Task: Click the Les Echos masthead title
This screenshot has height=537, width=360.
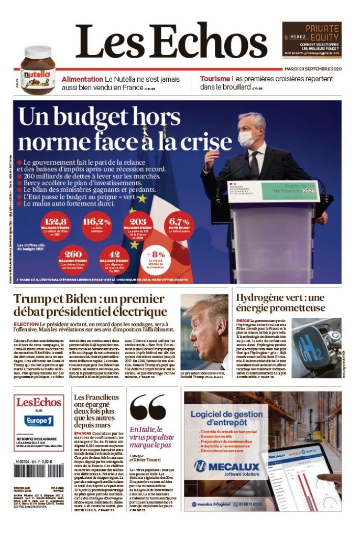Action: coord(173,41)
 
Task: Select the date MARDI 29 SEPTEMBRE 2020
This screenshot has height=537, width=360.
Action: coord(312,69)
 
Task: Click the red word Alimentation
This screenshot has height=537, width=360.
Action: coord(82,79)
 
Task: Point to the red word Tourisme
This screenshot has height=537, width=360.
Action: coord(215,79)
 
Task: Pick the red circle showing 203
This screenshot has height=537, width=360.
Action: coord(138,225)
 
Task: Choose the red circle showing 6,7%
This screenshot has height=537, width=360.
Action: coord(179,225)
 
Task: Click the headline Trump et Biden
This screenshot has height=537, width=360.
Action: coord(90,305)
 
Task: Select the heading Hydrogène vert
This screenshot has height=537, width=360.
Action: coord(280,303)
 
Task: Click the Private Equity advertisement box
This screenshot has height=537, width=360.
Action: coord(312,39)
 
